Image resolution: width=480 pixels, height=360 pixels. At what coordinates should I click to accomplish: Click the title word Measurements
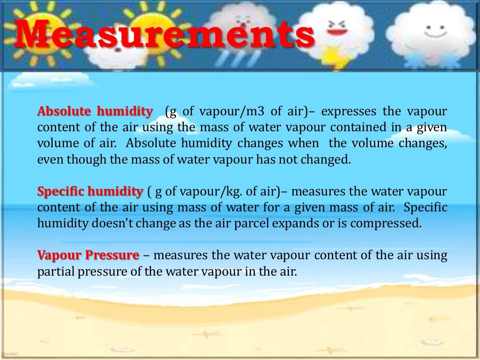click(x=164, y=35)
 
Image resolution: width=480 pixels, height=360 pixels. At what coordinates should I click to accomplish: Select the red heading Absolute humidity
click(x=95, y=112)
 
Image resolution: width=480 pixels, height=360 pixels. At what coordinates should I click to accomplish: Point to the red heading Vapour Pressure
click(x=88, y=255)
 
